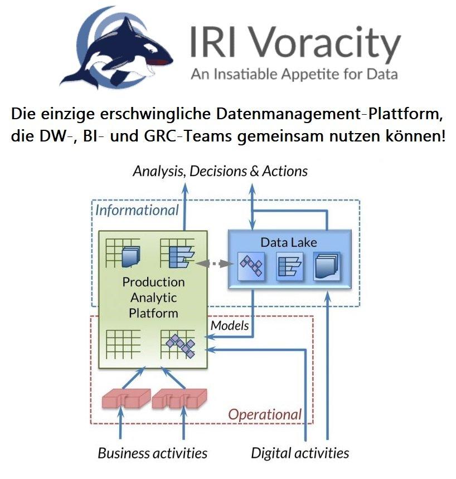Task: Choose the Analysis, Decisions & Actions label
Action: click(x=220, y=170)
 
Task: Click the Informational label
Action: click(x=137, y=210)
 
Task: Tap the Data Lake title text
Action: click(x=289, y=242)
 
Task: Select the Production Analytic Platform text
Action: click(x=153, y=297)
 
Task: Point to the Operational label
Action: click(x=265, y=414)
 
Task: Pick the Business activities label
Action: click(x=153, y=453)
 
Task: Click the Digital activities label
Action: click(x=300, y=453)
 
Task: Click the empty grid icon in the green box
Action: click(x=123, y=341)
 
